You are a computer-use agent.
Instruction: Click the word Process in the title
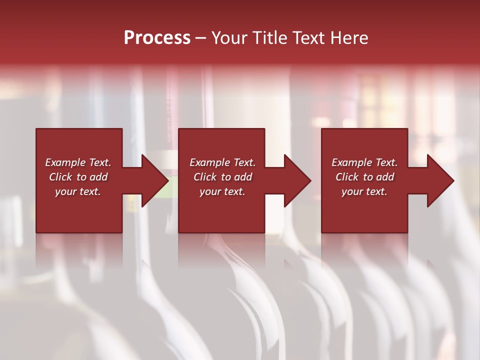coord(157,38)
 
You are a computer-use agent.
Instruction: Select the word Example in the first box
coord(65,162)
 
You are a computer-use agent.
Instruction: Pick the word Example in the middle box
coord(209,162)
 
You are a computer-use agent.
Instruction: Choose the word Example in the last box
coord(351,162)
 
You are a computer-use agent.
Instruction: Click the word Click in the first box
coord(61,177)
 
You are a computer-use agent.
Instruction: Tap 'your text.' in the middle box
coord(222,191)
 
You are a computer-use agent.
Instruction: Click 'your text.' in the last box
coord(364,191)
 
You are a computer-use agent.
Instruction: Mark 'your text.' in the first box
coord(78,191)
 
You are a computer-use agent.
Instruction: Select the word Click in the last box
coord(347,177)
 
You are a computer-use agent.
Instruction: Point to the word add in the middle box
coord(243,177)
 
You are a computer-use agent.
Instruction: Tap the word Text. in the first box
coord(99,162)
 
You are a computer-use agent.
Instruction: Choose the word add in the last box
coord(385,177)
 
